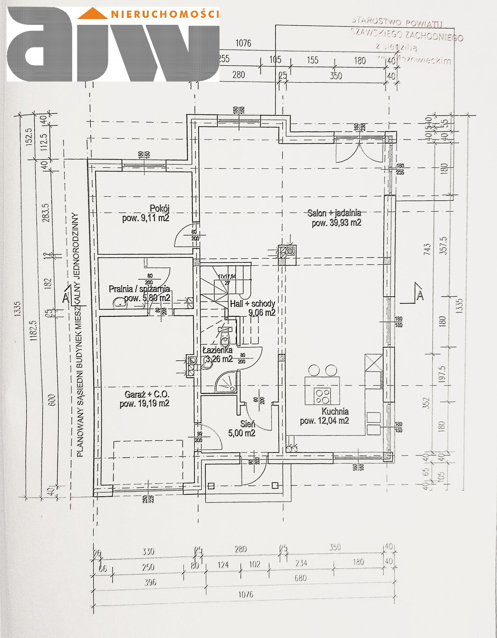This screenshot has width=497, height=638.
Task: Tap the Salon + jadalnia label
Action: click(334, 213)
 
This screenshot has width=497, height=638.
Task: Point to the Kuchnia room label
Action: click(335, 411)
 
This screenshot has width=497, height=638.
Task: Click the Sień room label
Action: click(248, 424)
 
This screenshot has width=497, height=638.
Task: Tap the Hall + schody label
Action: click(252, 304)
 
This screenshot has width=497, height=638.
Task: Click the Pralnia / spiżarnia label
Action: click(139, 289)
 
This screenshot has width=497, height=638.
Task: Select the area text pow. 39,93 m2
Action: click(336, 223)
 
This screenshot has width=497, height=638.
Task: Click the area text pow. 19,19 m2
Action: click(144, 404)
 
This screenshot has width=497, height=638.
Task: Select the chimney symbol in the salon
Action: click(287, 252)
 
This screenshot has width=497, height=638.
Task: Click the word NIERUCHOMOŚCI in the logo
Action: click(165, 14)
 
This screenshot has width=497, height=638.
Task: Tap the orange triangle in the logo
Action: click(92, 14)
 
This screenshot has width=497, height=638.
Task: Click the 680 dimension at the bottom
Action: click(300, 578)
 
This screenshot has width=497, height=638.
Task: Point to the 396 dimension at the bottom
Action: click(150, 582)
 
